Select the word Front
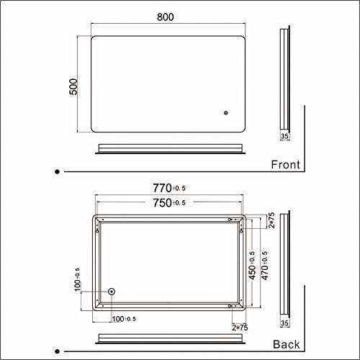[285, 165]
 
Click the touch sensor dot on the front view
[225, 112]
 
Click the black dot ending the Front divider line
[58, 171]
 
